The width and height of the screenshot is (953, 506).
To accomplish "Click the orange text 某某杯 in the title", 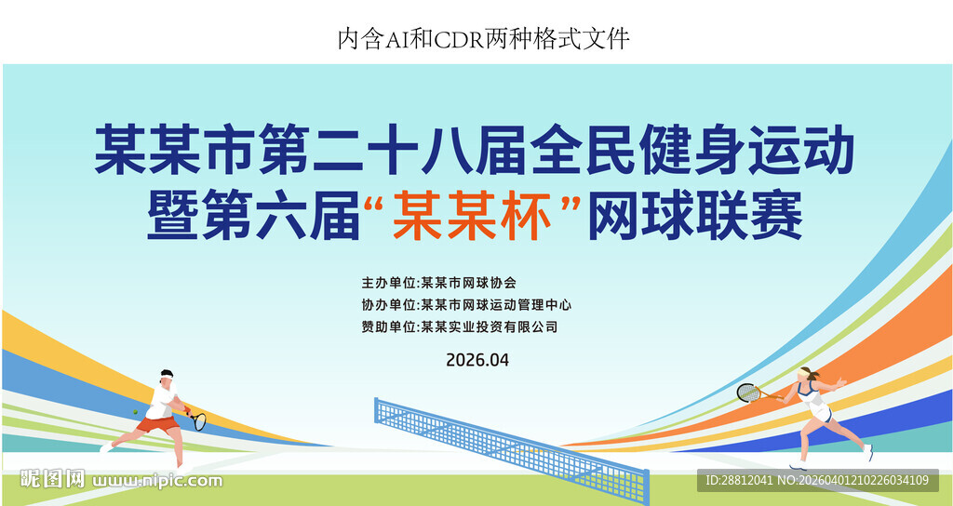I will pyautogui.click(x=470, y=218).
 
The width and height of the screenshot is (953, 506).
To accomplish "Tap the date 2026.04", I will pyautogui.click(x=477, y=359).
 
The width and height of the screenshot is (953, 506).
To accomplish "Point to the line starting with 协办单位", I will pyautogui.click(x=465, y=304).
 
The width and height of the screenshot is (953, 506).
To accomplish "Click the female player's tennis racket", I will pyautogui.click(x=748, y=393).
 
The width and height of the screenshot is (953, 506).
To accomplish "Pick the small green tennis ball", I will pyautogui.click(x=136, y=410).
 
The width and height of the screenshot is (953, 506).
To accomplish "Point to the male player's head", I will pyautogui.click(x=167, y=376).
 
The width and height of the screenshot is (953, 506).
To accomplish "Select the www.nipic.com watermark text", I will pyautogui.click(x=157, y=481).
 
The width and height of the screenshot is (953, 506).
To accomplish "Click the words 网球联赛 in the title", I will pyautogui.click(x=694, y=218).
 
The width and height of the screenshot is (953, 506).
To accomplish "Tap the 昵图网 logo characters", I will pyautogui.click(x=53, y=480).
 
